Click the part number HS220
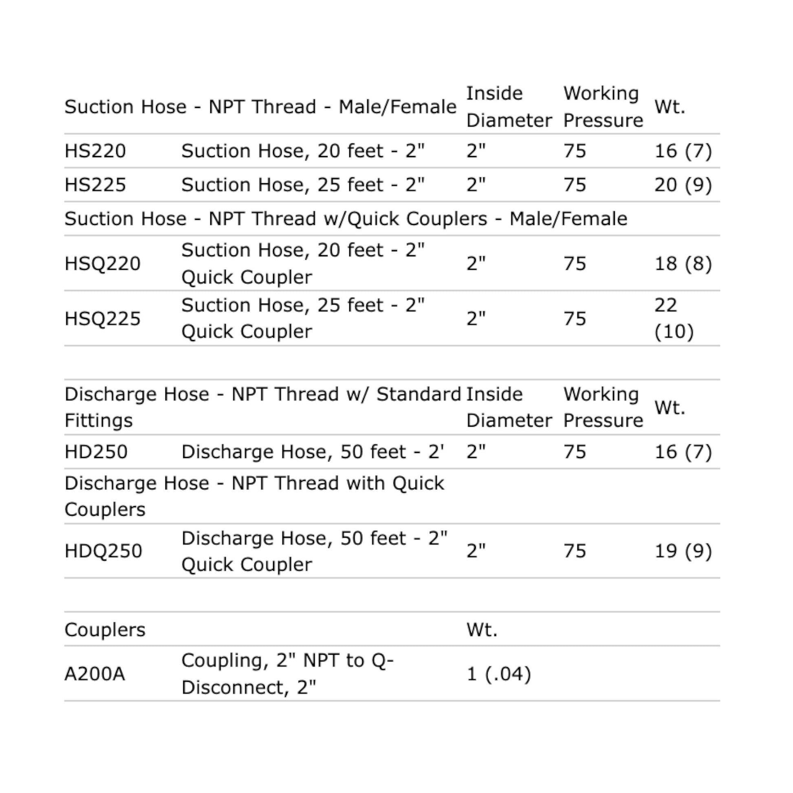point(95,151)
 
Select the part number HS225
point(95,185)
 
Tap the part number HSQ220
point(102,264)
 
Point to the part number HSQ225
point(102,319)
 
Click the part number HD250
point(96,452)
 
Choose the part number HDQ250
point(103,551)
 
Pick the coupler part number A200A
point(95,674)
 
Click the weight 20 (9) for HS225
point(683,185)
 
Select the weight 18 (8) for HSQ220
point(683,264)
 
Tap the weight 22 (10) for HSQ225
point(674,319)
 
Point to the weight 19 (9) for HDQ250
point(683,551)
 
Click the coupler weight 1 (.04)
point(499,674)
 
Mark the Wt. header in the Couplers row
point(482,630)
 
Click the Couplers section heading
point(105,630)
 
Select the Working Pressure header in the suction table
point(603,107)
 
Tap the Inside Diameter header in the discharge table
point(509,407)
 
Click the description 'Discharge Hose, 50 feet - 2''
point(313,452)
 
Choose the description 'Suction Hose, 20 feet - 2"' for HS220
point(303,151)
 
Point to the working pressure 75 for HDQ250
point(575,551)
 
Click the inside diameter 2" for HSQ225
point(476,319)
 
